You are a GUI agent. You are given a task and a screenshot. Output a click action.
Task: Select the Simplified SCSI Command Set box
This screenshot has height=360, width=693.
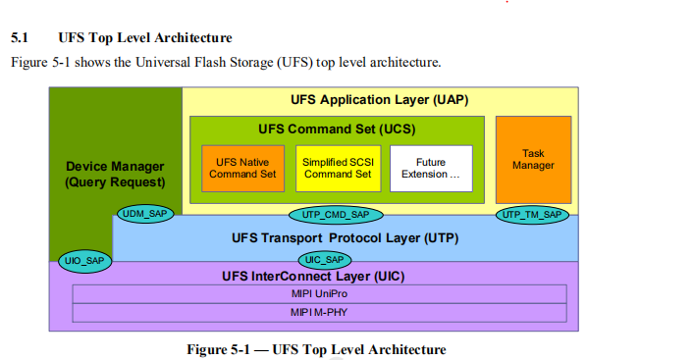(337, 168)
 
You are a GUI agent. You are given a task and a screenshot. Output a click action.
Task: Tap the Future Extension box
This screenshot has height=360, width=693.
(431, 168)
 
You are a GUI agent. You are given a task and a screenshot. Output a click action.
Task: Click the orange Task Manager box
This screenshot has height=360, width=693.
(533, 160)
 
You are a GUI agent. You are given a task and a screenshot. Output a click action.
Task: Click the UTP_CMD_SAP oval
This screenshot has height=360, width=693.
(336, 214)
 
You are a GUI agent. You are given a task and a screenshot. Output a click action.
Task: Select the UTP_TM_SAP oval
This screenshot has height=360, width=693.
(532, 214)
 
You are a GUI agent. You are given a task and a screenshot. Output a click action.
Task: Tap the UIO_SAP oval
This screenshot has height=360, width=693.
(83, 261)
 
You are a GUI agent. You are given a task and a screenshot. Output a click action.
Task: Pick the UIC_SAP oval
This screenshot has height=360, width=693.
(323, 259)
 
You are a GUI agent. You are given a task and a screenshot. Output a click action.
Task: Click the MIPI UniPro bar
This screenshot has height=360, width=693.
(319, 293)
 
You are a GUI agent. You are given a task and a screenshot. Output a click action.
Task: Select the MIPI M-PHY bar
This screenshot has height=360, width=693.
(319, 312)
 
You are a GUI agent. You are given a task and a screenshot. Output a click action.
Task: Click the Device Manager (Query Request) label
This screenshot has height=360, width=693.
(115, 175)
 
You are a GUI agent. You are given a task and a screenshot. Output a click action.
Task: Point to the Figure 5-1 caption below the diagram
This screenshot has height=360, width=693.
(316, 349)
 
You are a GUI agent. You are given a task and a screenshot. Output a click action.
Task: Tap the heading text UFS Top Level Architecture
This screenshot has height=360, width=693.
(144, 38)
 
